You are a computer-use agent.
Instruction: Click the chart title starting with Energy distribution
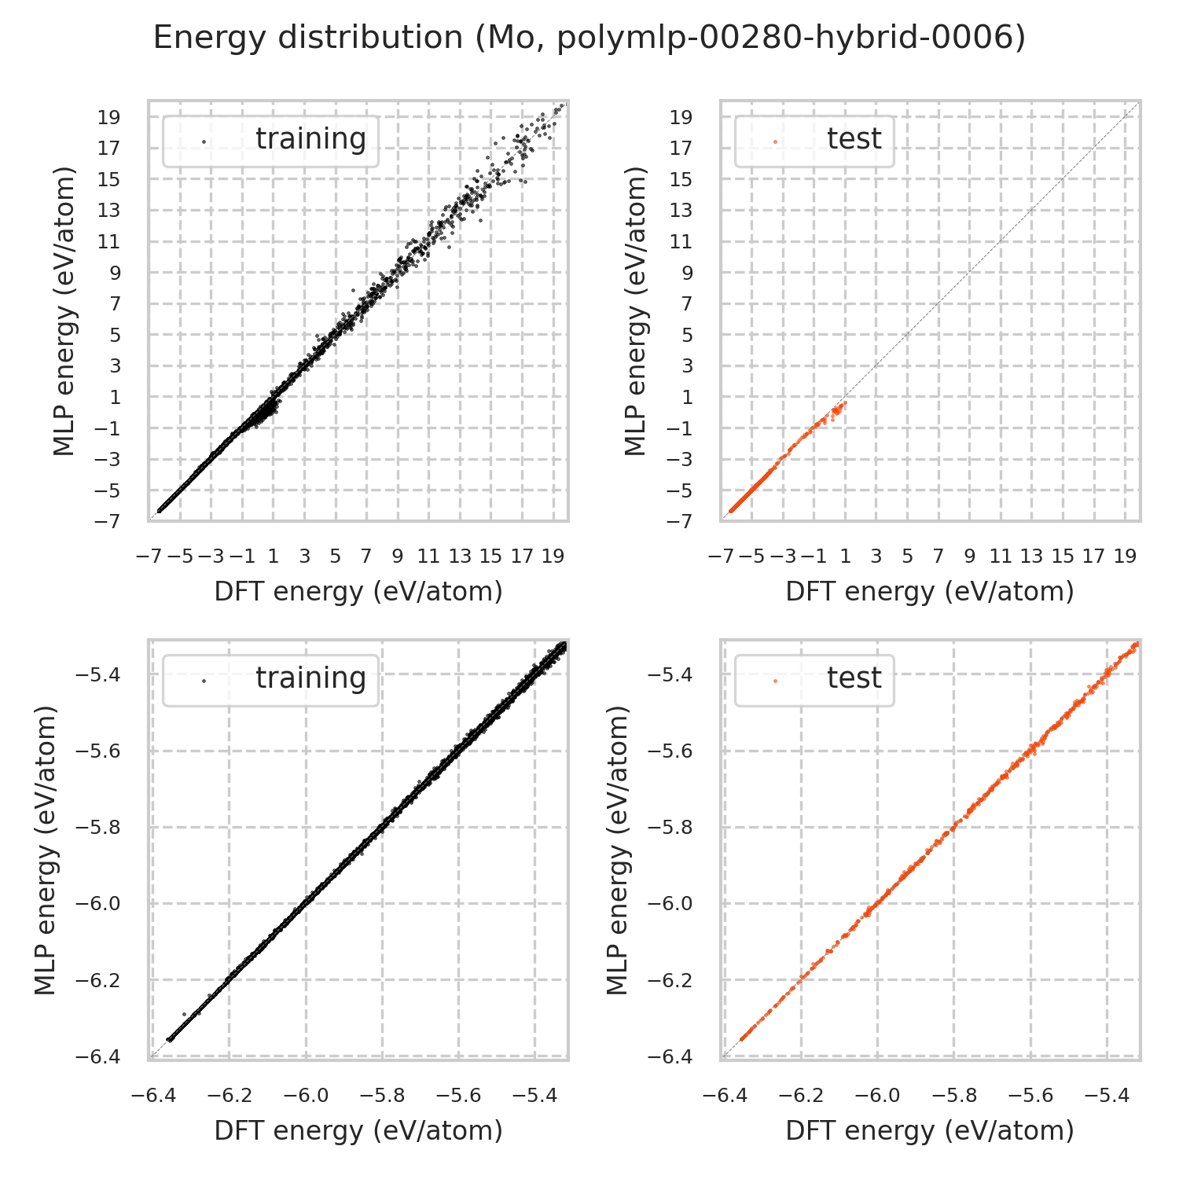point(589,38)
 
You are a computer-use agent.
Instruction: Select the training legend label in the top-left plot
point(310,138)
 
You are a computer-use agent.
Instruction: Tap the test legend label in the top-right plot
point(854,138)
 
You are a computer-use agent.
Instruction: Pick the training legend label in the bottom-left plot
point(310,678)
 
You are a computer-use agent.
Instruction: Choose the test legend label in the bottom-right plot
point(854,678)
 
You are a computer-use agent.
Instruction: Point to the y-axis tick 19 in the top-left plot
point(109,117)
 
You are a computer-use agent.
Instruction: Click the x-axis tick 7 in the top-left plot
point(366,556)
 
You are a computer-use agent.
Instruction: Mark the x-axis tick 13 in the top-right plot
point(1031,556)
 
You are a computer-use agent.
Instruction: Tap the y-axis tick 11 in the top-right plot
point(681,242)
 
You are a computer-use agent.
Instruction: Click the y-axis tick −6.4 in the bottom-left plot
point(98,1057)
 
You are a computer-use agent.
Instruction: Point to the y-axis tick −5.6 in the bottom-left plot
point(98,751)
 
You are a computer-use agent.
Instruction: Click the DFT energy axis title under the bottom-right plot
point(930,1130)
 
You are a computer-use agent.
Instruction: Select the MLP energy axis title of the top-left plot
point(66,310)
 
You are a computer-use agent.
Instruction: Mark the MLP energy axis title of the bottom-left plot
point(48,850)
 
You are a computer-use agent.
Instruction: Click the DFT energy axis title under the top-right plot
point(930,591)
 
